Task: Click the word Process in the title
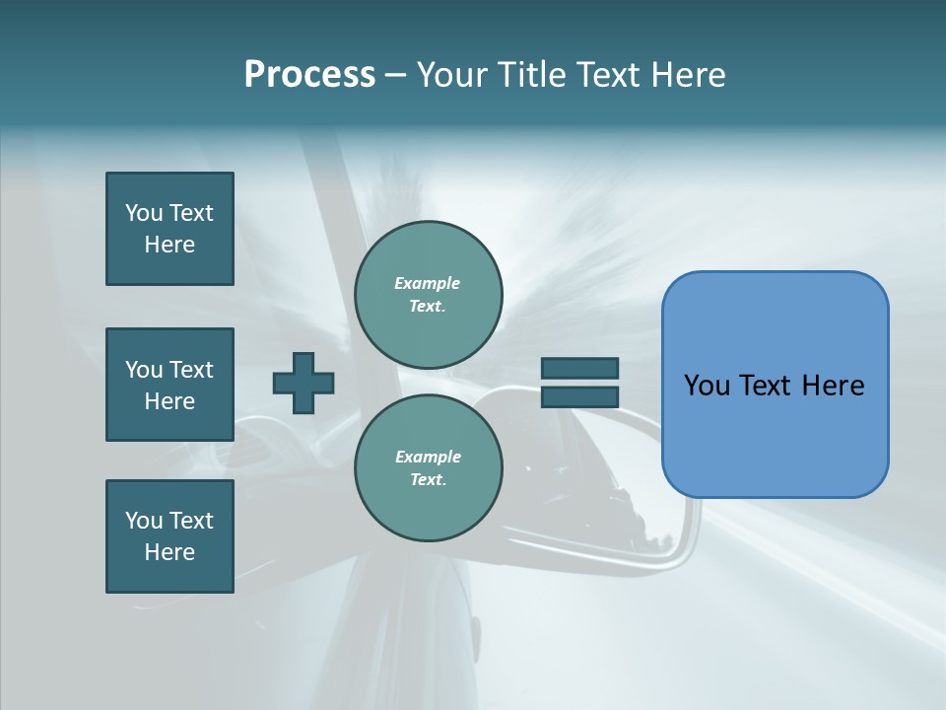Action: pos(309,75)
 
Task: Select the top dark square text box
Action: pos(169,229)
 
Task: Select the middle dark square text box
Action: pos(169,385)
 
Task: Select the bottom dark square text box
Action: pos(169,536)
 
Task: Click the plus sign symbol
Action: pos(304,383)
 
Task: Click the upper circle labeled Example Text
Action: pos(428,295)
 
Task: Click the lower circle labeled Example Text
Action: pos(428,468)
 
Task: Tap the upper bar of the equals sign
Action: pos(579,368)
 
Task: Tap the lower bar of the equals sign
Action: pos(579,396)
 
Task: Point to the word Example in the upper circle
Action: pos(428,283)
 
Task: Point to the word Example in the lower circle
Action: pos(428,457)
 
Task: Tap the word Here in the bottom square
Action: pos(169,552)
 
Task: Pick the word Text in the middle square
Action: pos(191,370)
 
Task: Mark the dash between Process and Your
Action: pos(396,75)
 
